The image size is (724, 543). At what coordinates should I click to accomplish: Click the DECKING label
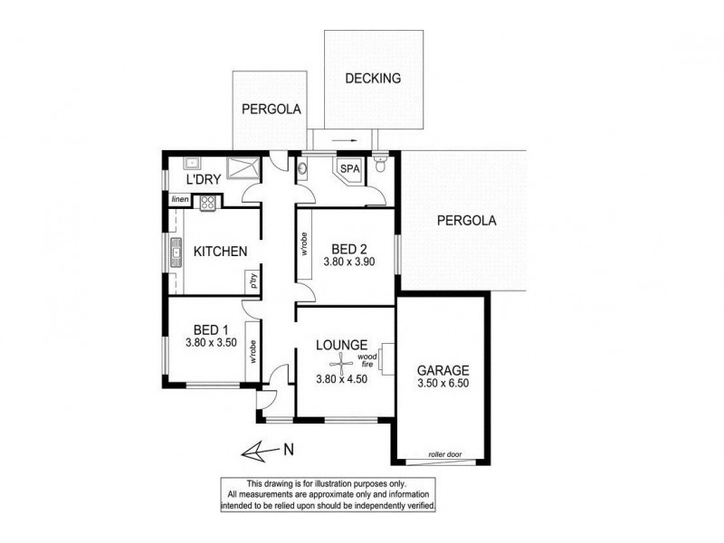pyautogui.click(x=373, y=79)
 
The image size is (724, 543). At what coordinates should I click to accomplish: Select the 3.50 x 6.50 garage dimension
pyautogui.click(x=443, y=384)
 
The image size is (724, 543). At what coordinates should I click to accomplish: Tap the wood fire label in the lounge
pyautogui.click(x=367, y=359)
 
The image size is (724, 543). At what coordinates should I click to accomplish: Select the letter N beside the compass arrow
pyautogui.click(x=287, y=448)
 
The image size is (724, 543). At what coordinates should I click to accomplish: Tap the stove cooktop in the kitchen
pyautogui.click(x=207, y=204)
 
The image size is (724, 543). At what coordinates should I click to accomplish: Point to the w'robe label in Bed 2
pyautogui.click(x=304, y=243)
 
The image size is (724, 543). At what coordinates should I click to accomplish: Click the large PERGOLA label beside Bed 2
pyautogui.click(x=466, y=220)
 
